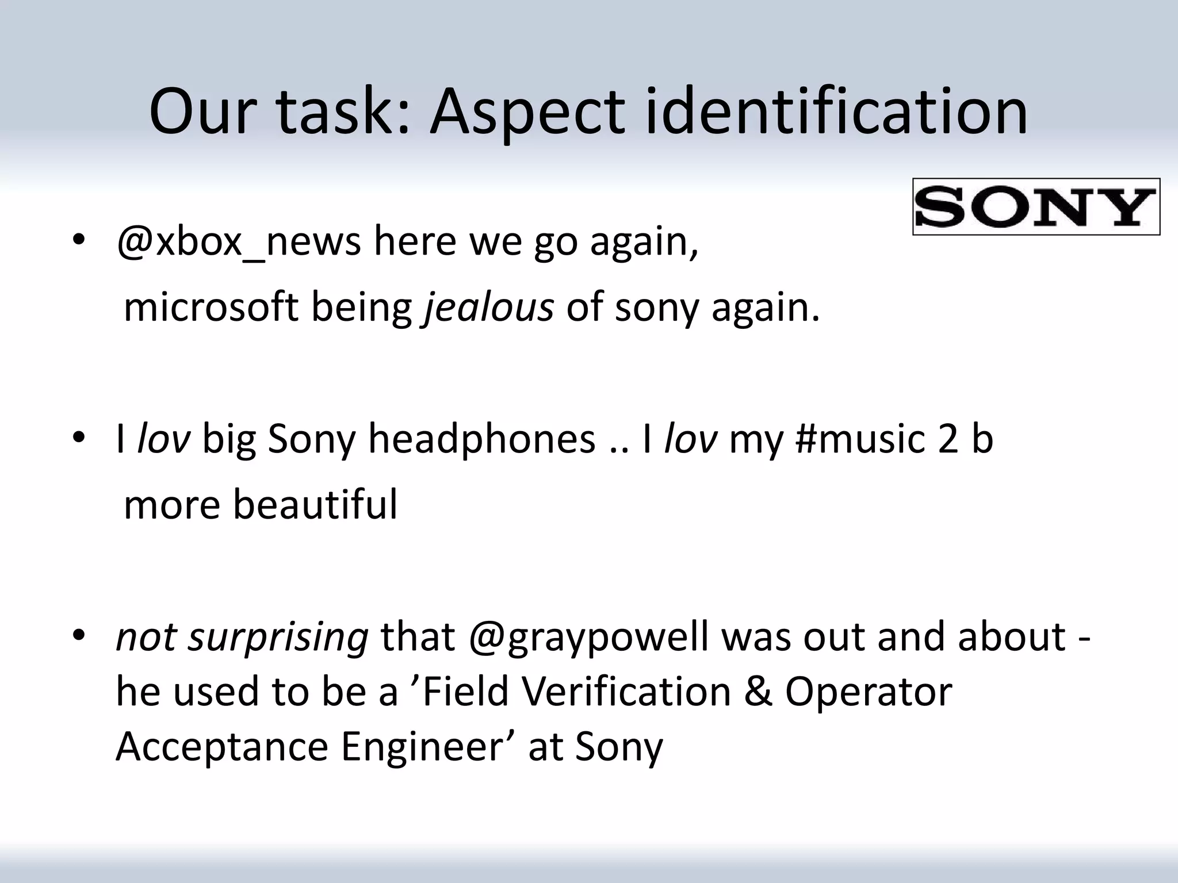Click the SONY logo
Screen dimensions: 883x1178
pos(1035,207)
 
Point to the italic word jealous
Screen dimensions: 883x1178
pos(489,308)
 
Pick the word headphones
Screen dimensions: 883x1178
pos(481,439)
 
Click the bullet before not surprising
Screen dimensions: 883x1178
pos(79,635)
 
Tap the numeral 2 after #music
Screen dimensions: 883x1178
pos(948,439)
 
